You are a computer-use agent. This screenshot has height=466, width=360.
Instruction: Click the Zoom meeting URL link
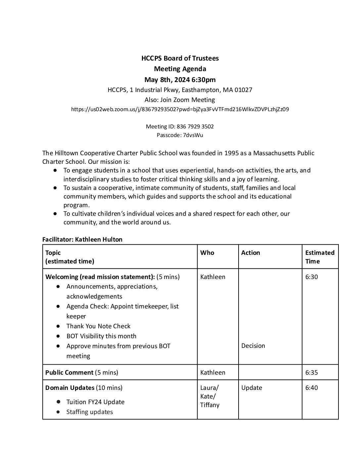(x=180, y=109)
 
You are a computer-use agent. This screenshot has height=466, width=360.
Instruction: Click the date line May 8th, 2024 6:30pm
(x=180, y=79)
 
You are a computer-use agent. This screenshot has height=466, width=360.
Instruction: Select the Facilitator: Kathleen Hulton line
(x=82, y=239)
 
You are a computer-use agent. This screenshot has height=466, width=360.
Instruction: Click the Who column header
(x=207, y=253)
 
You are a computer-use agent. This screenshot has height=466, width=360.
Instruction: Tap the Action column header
(x=250, y=253)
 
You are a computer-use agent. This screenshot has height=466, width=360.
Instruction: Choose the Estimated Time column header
(x=320, y=257)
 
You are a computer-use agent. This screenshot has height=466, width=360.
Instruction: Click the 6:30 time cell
(x=311, y=277)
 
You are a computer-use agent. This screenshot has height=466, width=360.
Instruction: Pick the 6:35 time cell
(x=311, y=372)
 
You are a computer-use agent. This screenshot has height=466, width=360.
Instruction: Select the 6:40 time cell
(x=311, y=388)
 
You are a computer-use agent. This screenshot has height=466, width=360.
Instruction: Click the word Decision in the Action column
(x=253, y=346)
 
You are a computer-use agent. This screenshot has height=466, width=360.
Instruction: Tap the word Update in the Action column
(x=251, y=388)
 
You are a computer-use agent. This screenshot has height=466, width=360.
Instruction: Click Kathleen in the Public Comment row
(x=213, y=372)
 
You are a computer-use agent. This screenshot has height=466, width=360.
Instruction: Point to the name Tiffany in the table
(x=210, y=405)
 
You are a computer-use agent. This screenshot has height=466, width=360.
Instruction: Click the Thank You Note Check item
(x=98, y=326)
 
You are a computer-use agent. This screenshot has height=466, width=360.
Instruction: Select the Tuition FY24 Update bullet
(x=95, y=402)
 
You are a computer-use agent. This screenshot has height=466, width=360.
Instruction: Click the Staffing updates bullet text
(x=90, y=412)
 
